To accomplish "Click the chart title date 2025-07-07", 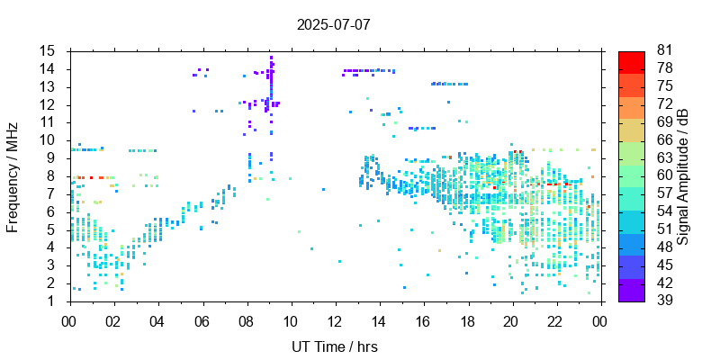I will coord(333,24).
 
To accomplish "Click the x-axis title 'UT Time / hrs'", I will coord(334,346).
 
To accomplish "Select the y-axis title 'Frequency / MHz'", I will coord(13,176).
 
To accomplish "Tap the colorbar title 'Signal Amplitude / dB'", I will coord(683,176).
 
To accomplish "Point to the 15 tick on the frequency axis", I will coord(48,51).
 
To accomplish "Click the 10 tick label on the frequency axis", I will coord(48,140).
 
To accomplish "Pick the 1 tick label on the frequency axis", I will coord(52,301).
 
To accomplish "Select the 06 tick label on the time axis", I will coord(202,319).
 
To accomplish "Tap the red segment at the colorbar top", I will coord(632,60).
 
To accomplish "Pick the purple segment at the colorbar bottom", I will coord(632,292).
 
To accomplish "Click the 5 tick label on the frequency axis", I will coord(52,229).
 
